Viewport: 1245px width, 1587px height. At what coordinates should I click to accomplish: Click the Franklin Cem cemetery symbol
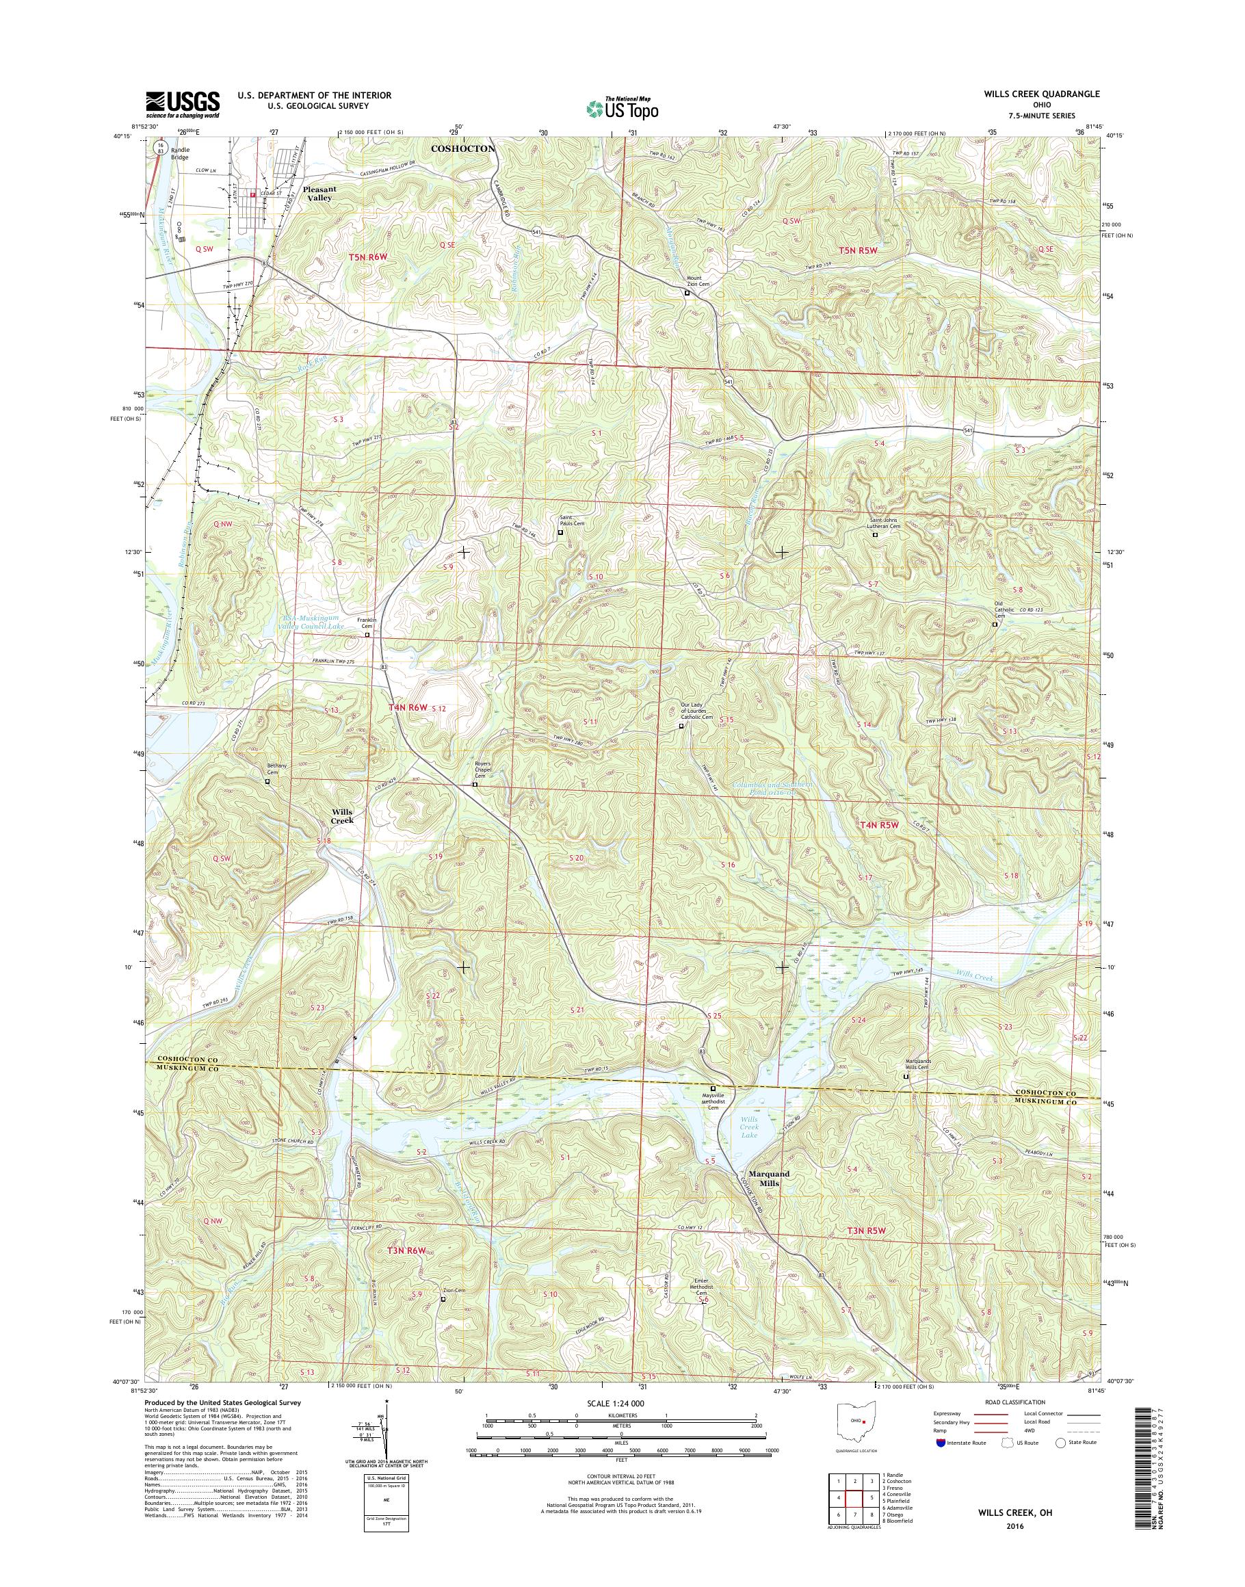(x=367, y=635)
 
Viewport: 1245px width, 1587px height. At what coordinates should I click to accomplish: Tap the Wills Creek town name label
(x=342, y=816)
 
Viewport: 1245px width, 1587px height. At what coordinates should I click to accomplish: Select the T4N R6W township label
(x=407, y=707)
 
